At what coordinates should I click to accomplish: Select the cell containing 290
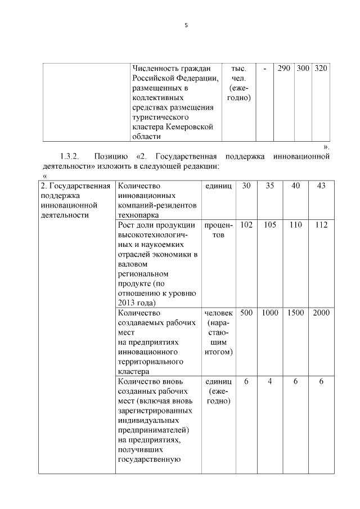(x=284, y=68)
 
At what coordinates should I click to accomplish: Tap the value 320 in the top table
(x=321, y=68)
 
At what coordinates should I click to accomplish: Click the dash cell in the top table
(x=264, y=68)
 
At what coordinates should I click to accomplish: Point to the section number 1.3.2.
(x=70, y=155)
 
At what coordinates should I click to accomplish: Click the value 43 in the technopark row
(x=321, y=186)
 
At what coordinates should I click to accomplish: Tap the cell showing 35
(x=270, y=186)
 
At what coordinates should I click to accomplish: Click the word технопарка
(x=138, y=214)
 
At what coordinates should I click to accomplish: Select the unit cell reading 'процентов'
(x=218, y=229)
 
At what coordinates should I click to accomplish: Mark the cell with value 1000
(x=270, y=313)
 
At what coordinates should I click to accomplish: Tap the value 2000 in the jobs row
(x=321, y=313)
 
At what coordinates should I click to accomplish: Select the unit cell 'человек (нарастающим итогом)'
(x=218, y=332)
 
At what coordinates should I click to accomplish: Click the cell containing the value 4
(x=270, y=381)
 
